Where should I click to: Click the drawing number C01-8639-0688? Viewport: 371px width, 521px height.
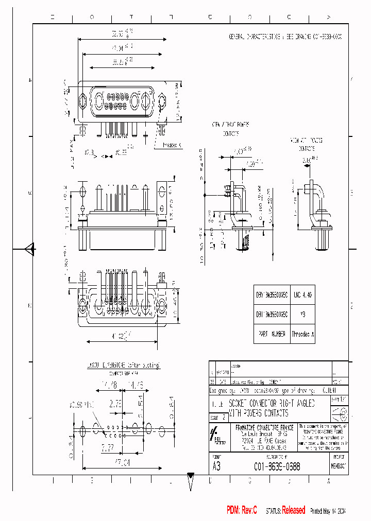pyautogui.click(x=277, y=466)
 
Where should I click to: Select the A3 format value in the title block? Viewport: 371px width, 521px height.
pyautogui.click(x=216, y=466)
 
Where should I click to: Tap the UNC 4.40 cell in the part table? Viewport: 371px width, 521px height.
pyautogui.click(x=302, y=295)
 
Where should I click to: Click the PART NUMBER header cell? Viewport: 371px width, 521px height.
pyautogui.click(x=272, y=334)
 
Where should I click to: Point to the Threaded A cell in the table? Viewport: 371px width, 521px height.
pyautogui.click(x=302, y=334)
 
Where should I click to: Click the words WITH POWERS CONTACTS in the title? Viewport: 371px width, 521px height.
pyautogui.click(x=258, y=413)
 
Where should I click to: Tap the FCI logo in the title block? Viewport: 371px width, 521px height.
pyautogui.click(x=216, y=435)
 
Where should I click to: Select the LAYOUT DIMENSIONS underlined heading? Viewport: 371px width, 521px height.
pyautogui.click(x=124, y=366)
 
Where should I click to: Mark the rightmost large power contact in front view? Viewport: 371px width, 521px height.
pyautogui.click(x=147, y=100)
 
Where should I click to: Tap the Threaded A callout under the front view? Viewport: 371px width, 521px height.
pyautogui.click(x=172, y=145)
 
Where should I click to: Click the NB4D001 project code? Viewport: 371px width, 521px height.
pyautogui.click(x=339, y=466)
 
